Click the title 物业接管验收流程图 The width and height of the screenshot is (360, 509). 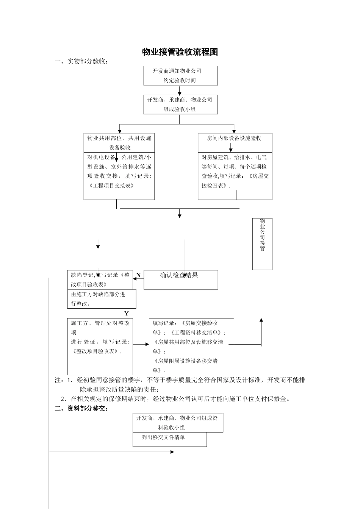point(180,52)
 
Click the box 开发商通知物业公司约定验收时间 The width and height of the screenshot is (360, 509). point(180,76)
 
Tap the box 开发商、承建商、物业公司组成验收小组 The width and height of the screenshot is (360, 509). point(180,105)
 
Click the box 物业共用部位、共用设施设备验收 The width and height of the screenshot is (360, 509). point(119,143)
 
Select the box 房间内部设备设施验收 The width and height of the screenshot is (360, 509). point(235,138)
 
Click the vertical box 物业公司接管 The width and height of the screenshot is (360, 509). point(262,244)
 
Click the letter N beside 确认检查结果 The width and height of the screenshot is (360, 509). point(138,275)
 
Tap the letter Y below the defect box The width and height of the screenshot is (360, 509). point(127,314)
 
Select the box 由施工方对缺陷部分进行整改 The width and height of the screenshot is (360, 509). point(101,299)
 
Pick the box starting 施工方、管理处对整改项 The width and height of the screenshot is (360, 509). point(100,346)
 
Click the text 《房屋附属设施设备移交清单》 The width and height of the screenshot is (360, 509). point(186,365)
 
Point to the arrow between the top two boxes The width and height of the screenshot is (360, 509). point(180,90)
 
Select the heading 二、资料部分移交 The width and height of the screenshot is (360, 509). point(81,409)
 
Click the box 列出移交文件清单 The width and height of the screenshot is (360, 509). point(169,439)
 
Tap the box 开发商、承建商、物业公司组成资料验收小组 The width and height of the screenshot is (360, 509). point(177,423)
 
